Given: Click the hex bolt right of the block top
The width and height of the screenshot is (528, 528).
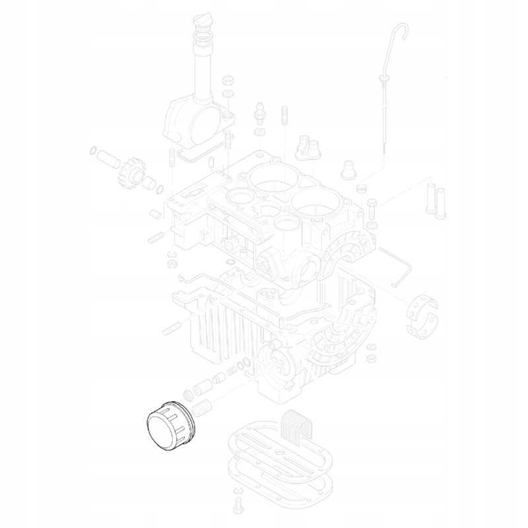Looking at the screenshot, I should [x=371, y=208].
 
